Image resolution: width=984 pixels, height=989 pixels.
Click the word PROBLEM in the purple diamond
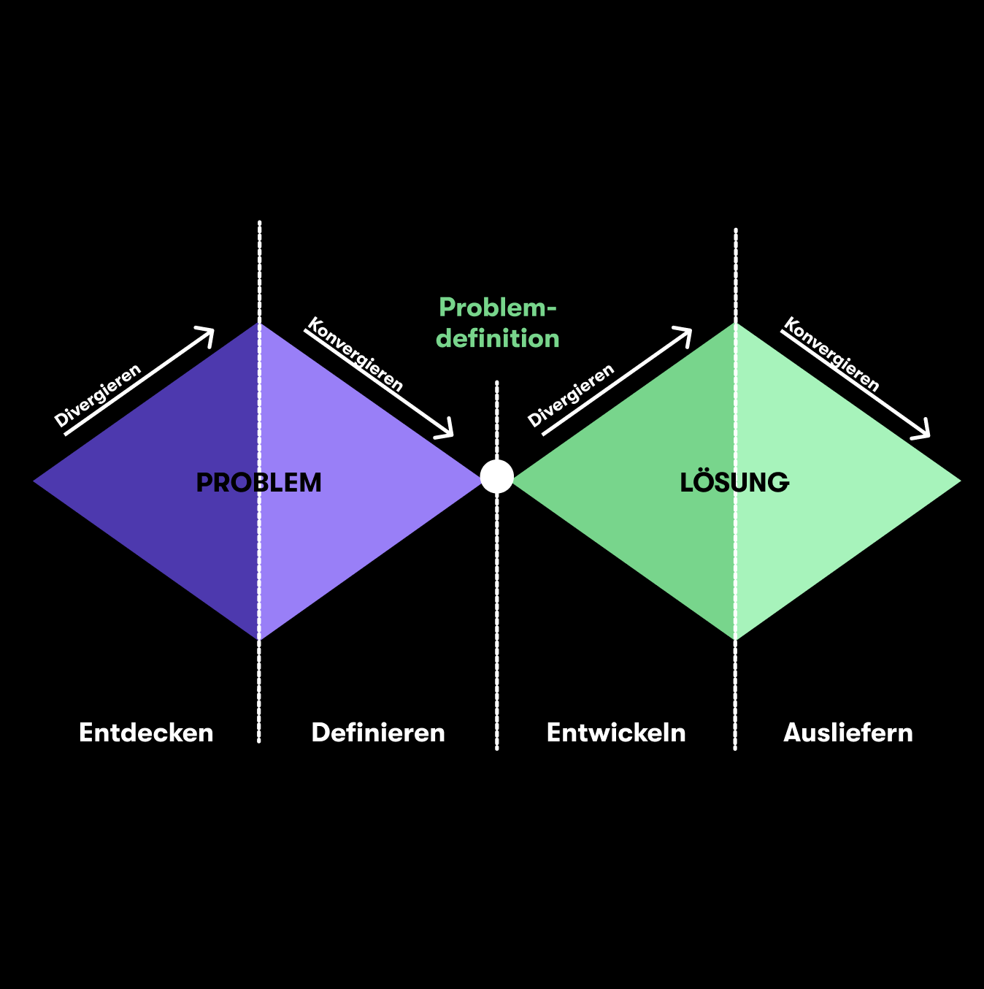(258, 483)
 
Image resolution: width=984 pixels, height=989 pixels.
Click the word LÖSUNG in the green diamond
(734, 483)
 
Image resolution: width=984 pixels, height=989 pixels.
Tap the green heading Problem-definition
(498, 323)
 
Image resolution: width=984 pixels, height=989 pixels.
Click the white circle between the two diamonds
(497, 476)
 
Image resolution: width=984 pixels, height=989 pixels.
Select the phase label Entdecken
(146, 733)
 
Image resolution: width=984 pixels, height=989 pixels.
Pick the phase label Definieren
(378, 733)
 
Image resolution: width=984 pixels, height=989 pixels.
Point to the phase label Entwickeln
(616, 733)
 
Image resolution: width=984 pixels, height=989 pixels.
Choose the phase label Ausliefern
(848, 733)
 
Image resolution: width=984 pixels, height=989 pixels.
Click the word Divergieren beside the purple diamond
(98, 395)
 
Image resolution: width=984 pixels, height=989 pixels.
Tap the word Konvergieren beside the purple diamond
(355, 355)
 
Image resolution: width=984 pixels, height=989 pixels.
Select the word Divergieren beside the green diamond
(571, 395)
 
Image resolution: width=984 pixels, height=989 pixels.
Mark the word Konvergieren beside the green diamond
(831, 355)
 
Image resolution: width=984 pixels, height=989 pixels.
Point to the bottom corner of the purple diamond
(259, 638)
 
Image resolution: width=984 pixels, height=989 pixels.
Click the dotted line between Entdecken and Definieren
(259, 701)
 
